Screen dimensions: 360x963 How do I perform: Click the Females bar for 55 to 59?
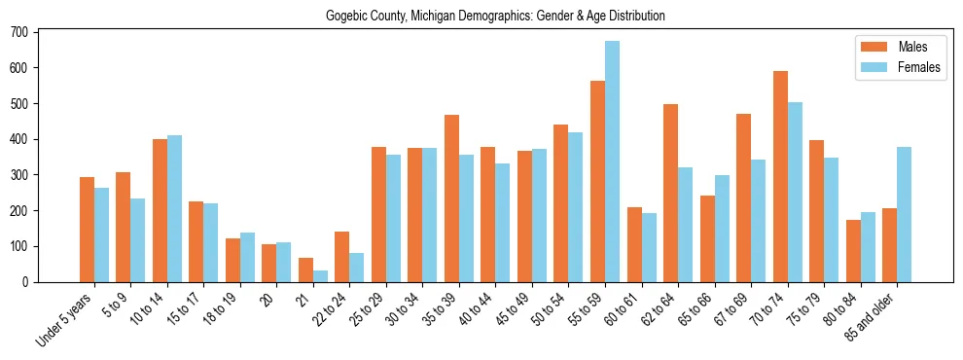point(612,162)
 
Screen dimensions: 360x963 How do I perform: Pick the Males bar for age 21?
point(305,270)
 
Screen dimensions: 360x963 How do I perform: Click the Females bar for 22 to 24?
point(357,268)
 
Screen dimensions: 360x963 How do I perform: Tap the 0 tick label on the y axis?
point(30,282)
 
